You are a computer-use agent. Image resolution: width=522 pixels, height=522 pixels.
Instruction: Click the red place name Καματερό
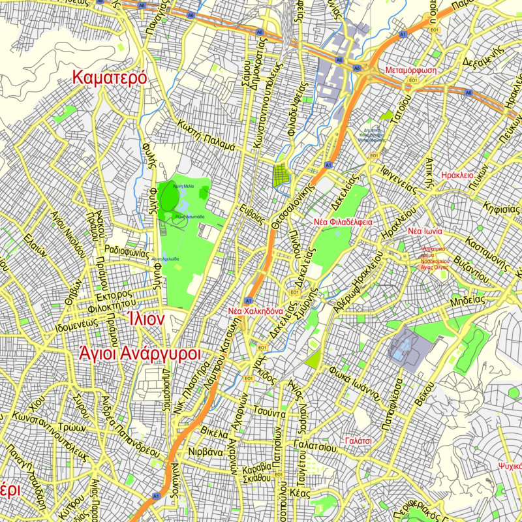click(110, 78)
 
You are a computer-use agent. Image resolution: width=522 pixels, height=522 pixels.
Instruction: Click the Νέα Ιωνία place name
click(425, 232)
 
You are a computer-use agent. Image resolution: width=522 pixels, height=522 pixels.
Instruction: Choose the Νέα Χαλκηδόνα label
click(254, 311)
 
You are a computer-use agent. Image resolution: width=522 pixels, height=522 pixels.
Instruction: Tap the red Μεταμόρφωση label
click(410, 70)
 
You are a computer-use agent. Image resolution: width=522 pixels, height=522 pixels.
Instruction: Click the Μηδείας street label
click(467, 301)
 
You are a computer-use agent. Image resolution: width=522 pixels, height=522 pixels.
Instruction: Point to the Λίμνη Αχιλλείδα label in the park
click(165, 259)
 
